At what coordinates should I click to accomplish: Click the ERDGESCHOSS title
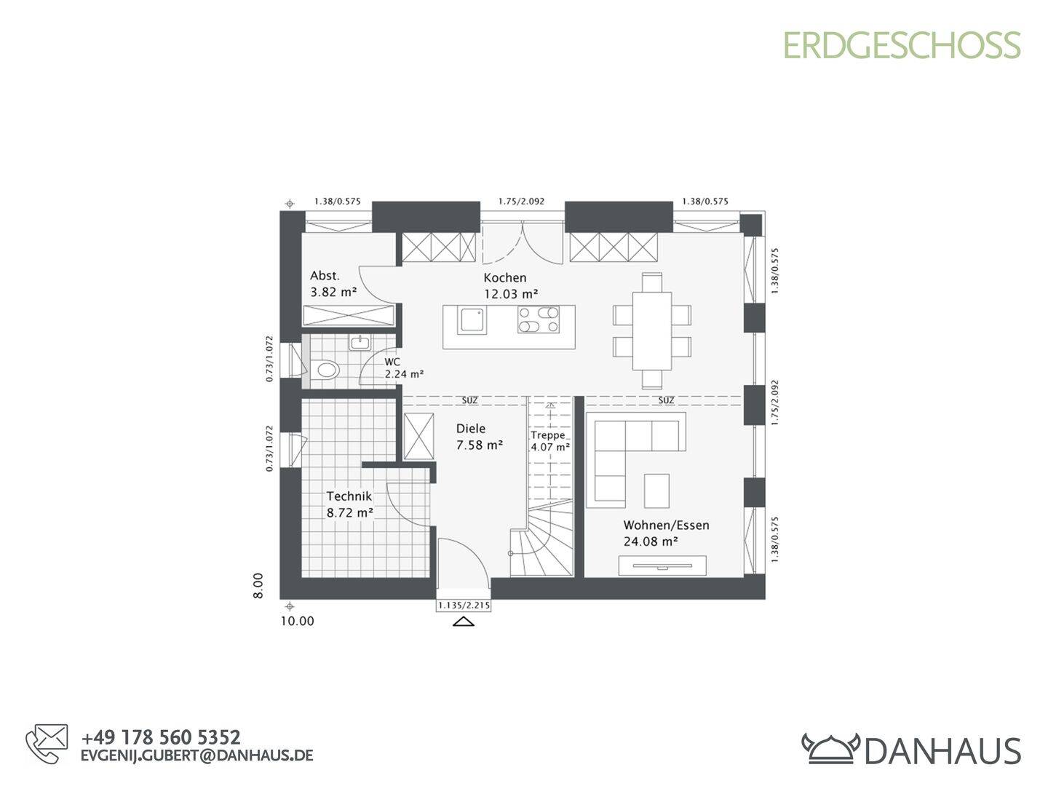[902, 45]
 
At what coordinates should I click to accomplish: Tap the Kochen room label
[504, 277]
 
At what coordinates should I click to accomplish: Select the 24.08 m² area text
[651, 541]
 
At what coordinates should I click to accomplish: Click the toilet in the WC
[325, 370]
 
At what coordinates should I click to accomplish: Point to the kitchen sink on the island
[472, 320]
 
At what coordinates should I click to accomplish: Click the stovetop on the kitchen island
[539, 320]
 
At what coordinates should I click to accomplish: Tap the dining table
[651, 330]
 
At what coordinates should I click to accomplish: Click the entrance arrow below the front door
[463, 622]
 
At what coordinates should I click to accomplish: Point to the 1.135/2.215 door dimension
[463, 605]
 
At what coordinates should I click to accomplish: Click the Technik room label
[349, 496]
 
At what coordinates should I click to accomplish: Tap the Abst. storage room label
[325, 276]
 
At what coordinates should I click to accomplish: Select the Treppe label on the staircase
[547, 435]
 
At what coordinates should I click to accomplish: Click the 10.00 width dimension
[297, 622]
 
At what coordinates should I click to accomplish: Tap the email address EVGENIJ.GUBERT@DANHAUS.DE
[196, 755]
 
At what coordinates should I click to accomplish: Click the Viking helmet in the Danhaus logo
[830, 747]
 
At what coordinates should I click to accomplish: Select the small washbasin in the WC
[359, 342]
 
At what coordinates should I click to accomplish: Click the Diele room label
[470, 429]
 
